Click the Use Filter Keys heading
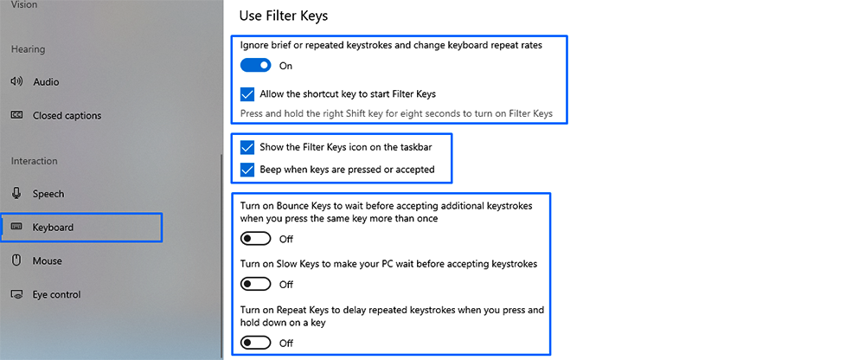[x=284, y=16]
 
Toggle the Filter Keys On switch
[x=256, y=65]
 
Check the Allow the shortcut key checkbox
[x=248, y=93]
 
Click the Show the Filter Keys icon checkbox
[x=248, y=148]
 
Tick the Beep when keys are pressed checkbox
[x=248, y=170]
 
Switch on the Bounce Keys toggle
[x=256, y=239]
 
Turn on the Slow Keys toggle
[x=256, y=284]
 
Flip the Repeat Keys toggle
[x=256, y=343]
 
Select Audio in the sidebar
[x=46, y=82]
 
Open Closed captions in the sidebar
[x=67, y=116]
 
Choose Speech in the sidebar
[x=48, y=194]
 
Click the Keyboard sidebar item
[x=53, y=228]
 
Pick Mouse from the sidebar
[x=48, y=260]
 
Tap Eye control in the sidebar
[x=56, y=294]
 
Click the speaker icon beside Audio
[x=16, y=82]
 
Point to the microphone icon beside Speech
[x=16, y=194]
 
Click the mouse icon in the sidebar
[x=16, y=260]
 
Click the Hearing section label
[x=28, y=49]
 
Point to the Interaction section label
[x=34, y=161]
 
